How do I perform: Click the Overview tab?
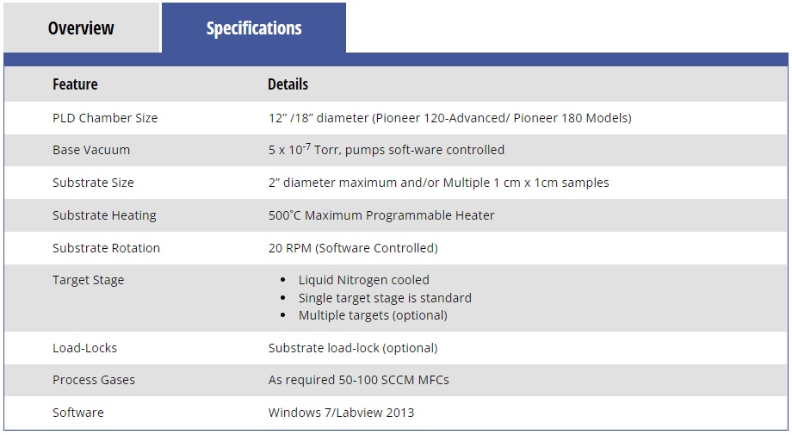pyautogui.click(x=81, y=28)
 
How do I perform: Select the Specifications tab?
pyautogui.click(x=254, y=28)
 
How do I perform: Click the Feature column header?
pyautogui.click(x=75, y=84)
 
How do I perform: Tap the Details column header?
pyautogui.click(x=288, y=84)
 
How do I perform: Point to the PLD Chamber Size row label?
pyautogui.click(x=105, y=118)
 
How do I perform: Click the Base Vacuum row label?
pyautogui.click(x=91, y=150)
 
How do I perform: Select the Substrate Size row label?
pyautogui.click(x=93, y=183)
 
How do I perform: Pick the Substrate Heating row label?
pyautogui.click(x=104, y=215)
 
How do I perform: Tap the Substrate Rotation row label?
pyautogui.click(x=106, y=248)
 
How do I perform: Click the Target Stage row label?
pyautogui.click(x=88, y=281)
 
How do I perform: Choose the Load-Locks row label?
pyautogui.click(x=84, y=348)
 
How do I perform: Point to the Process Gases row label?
pyautogui.click(x=94, y=380)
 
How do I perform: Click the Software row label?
pyautogui.click(x=77, y=413)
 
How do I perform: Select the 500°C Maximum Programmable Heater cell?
pyautogui.click(x=381, y=215)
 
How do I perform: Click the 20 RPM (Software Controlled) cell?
pyautogui.click(x=353, y=248)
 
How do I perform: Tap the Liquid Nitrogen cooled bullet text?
pyautogui.click(x=363, y=280)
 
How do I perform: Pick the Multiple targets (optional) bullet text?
pyautogui.click(x=373, y=315)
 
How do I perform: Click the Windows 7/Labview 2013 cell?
pyautogui.click(x=341, y=413)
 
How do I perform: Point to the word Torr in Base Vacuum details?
pyautogui.click(x=327, y=150)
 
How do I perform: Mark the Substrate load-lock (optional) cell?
pyautogui.click(x=353, y=348)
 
